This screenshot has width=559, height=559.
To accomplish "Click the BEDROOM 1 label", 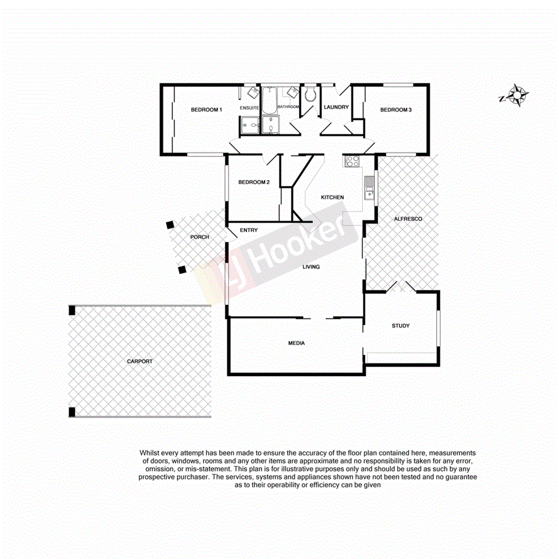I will [x=206, y=110].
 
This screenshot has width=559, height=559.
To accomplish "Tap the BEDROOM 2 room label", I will [x=254, y=182].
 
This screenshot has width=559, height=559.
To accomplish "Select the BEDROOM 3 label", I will [x=396, y=110].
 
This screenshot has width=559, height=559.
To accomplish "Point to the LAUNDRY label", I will [x=336, y=107].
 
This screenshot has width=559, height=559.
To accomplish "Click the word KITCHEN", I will [x=332, y=197].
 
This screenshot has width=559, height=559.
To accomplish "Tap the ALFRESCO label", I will [x=408, y=219].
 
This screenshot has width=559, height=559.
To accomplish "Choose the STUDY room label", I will [x=401, y=326].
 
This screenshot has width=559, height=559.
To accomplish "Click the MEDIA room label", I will [x=296, y=343].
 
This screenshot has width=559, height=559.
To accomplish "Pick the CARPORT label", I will [x=140, y=361].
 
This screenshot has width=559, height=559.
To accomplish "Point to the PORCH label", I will [x=200, y=237].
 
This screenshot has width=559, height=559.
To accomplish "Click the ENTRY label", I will [x=248, y=230].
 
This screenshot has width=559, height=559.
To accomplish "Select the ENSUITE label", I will [x=249, y=107].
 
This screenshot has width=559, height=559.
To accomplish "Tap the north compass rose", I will [x=515, y=96].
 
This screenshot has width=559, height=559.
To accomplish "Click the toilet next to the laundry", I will [x=310, y=96].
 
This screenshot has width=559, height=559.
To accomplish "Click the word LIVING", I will [x=311, y=267].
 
